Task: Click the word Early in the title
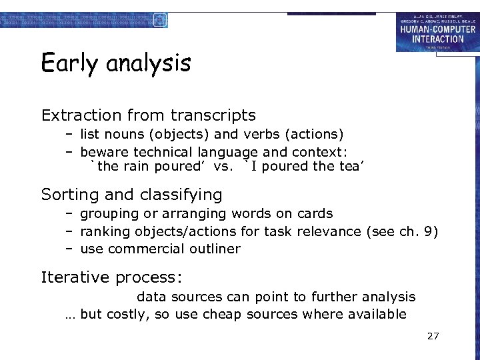(65, 63)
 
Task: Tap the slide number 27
(433, 336)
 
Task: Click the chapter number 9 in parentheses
(430, 231)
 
